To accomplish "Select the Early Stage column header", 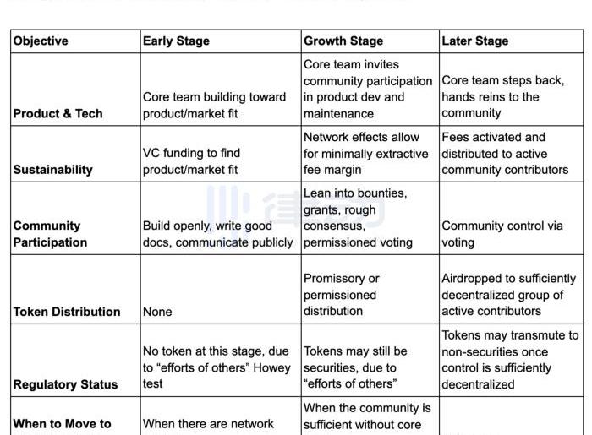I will click(176, 41).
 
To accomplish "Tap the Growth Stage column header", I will click(343, 41).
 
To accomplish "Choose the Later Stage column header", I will click(474, 41).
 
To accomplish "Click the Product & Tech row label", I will click(58, 113).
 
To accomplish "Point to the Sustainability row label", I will click(52, 169).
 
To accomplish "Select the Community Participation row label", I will click(50, 234).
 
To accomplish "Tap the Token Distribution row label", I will click(67, 311).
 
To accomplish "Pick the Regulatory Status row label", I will click(65, 384).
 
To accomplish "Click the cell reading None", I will click(157, 311).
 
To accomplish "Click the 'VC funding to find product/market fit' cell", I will click(191, 160).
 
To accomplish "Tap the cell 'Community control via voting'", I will click(502, 234).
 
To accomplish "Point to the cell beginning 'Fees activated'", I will click(504, 153).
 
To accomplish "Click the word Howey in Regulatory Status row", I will click(271, 367).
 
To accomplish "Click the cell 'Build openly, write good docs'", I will click(217, 234).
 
